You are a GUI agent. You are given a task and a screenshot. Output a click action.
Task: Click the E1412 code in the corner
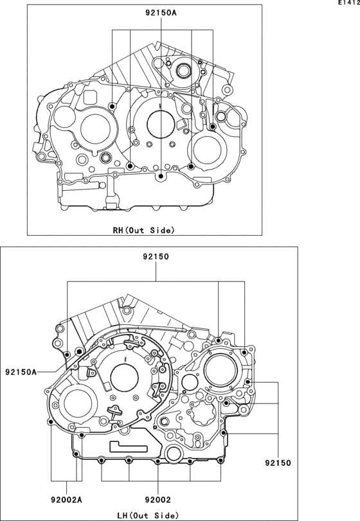coord(349,3)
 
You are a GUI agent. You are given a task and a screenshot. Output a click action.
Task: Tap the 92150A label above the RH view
coord(161,13)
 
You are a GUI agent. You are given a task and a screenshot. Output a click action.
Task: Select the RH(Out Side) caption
coord(143,230)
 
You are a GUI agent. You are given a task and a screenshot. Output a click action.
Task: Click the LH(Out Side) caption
coord(148,515)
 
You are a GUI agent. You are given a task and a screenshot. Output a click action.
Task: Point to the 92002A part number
coord(66,499)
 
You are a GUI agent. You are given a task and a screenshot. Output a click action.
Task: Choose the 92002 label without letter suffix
coord(157,499)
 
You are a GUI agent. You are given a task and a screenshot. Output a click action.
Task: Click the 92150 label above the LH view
coord(156,256)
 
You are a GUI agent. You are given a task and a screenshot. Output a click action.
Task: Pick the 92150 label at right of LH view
coord(278,463)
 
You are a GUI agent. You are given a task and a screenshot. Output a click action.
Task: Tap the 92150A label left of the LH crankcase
coord(21,372)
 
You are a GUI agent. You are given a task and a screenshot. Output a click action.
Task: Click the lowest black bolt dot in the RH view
coord(161,176)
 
